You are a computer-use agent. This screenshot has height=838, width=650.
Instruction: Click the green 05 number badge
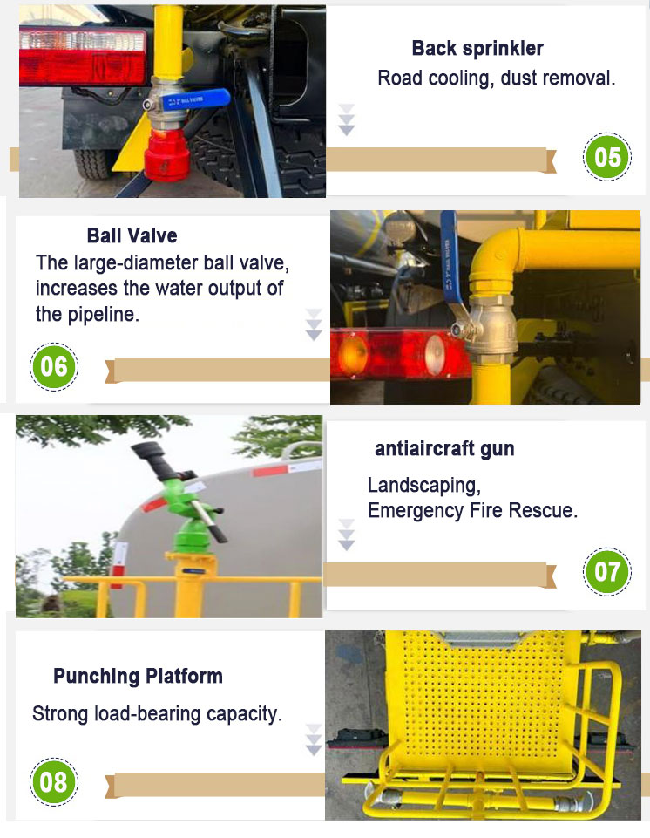(606, 157)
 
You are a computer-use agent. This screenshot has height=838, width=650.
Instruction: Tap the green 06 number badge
(53, 367)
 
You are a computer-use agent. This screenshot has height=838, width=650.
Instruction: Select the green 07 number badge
(606, 571)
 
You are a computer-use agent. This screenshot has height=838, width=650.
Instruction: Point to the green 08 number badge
(53, 782)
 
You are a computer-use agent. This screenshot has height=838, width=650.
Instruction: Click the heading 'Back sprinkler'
(477, 49)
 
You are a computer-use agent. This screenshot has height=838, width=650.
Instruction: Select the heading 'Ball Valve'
(132, 235)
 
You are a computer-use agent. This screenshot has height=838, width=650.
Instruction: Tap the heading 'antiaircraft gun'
(444, 449)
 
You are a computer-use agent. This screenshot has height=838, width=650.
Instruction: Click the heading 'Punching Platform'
(138, 677)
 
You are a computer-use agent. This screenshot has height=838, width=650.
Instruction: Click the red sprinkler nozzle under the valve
(166, 154)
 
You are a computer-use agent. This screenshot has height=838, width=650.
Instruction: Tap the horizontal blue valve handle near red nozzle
(195, 99)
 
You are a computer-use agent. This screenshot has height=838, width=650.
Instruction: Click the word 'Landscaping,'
(424, 486)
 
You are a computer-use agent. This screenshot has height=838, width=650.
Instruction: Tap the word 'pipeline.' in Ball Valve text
(88, 315)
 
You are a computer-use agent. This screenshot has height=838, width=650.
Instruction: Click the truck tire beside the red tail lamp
(93, 162)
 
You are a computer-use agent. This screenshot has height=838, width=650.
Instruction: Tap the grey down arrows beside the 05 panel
(347, 119)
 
